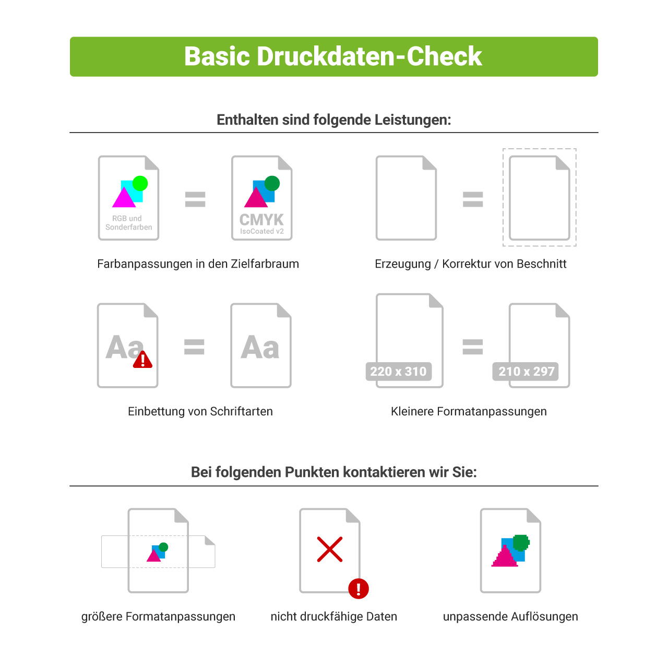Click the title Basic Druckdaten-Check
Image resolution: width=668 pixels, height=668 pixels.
(333, 56)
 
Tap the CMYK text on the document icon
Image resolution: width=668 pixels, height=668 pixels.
(261, 219)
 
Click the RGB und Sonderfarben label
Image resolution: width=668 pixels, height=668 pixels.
(128, 223)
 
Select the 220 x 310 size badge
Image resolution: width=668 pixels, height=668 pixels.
(398, 372)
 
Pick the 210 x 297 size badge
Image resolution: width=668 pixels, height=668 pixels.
(526, 372)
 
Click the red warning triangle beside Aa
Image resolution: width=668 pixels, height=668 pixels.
(142, 360)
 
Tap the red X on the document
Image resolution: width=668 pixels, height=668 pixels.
(330, 549)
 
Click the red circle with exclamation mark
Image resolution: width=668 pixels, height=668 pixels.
(359, 589)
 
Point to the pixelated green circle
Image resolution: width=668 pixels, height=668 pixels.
(521, 543)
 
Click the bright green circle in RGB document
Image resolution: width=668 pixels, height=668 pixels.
(140, 183)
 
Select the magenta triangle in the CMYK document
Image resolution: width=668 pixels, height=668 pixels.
(256, 198)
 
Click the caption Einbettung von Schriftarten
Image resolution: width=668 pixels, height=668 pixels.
(200, 411)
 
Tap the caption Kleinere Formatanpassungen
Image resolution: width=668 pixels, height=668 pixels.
(469, 411)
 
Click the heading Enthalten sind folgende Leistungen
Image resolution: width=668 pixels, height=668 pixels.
(333, 120)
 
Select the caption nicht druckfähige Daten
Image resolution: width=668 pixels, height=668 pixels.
(333, 616)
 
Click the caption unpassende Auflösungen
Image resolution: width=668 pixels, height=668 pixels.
(510, 616)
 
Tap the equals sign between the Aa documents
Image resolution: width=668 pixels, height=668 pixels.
(194, 347)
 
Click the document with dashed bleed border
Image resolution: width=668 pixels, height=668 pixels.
(539, 198)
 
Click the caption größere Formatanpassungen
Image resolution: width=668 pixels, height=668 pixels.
(158, 616)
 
